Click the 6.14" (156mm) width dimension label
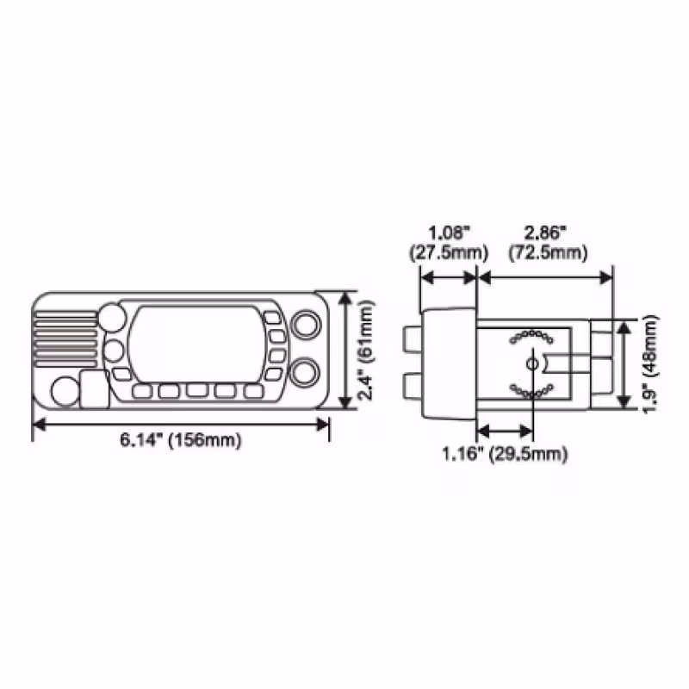point(180,440)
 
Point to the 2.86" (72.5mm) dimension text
point(547,243)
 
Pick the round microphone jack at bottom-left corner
point(65,391)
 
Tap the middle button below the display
point(196,391)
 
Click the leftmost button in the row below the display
point(142,391)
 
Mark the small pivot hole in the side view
point(532,364)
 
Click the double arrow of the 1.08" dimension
point(447,277)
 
